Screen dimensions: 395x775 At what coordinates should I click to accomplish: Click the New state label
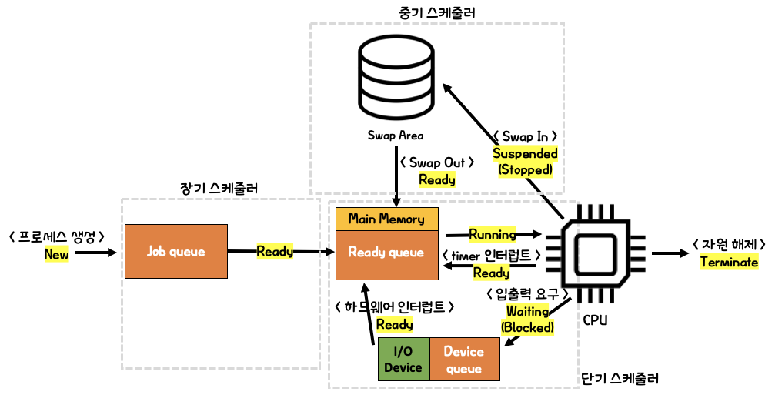(x=56, y=254)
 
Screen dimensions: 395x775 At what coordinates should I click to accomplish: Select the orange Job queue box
(x=176, y=251)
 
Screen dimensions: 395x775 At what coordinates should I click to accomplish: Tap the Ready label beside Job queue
(x=275, y=251)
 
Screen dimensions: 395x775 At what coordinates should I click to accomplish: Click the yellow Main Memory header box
(x=386, y=219)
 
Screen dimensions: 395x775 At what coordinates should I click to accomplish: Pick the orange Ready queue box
(x=386, y=255)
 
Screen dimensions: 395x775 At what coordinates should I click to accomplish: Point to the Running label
(x=493, y=234)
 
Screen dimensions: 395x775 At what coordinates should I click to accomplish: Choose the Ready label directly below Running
(x=491, y=273)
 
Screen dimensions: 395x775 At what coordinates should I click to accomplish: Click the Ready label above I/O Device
(x=394, y=324)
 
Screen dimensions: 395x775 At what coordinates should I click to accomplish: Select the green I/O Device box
(x=403, y=359)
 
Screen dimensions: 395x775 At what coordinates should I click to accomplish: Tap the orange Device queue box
(x=464, y=359)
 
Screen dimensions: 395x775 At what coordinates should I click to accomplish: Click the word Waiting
(x=527, y=311)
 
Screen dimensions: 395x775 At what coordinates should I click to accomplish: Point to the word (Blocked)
(x=527, y=327)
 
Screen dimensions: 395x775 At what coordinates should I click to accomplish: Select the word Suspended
(x=525, y=153)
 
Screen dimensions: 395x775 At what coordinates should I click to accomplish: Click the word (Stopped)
(x=525, y=169)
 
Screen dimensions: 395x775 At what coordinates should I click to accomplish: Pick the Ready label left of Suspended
(x=436, y=179)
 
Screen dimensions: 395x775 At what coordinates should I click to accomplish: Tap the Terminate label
(x=729, y=262)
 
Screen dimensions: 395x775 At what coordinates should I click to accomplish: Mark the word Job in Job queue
(x=157, y=251)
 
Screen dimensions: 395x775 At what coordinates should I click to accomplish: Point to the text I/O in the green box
(x=403, y=351)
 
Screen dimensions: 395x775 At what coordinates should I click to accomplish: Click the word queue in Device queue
(x=464, y=368)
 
